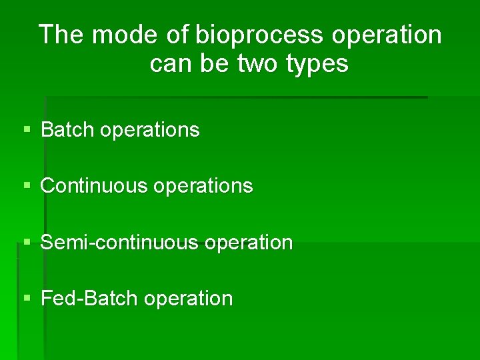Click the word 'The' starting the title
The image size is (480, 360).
coord(62,35)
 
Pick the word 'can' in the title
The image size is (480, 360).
coord(169,64)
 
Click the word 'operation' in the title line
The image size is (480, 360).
coord(387,35)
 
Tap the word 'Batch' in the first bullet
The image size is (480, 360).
coord(68,129)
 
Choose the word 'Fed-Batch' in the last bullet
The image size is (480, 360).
coord(89,298)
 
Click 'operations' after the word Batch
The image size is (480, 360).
coord(149,130)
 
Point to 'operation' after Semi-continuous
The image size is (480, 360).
coord(249,243)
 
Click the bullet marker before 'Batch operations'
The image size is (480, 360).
coord(27,129)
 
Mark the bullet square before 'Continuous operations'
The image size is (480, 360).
coord(27,185)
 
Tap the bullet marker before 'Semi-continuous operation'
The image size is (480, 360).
coord(27,242)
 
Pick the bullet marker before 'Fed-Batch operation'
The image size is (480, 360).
coord(27,298)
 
